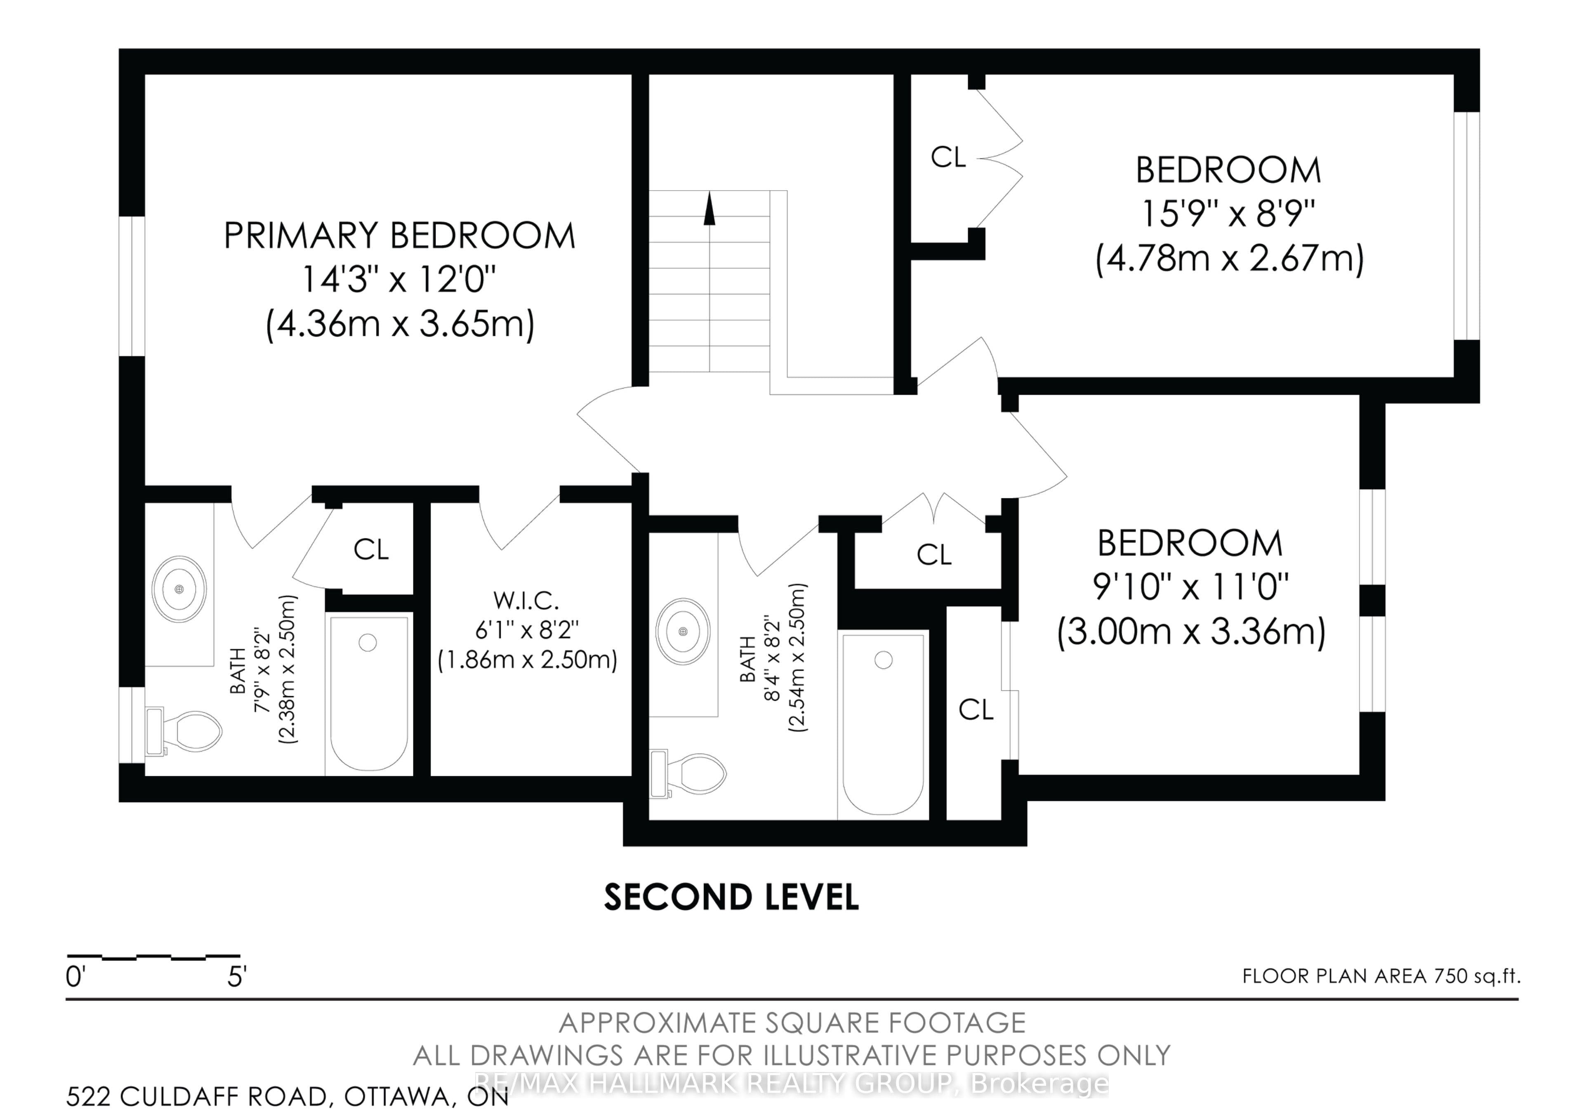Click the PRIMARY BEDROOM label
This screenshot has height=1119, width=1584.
tap(399, 236)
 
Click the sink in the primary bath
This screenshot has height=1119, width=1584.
tap(179, 589)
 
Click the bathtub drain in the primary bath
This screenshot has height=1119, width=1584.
tap(368, 642)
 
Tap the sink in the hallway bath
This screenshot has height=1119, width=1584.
tap(683, 631)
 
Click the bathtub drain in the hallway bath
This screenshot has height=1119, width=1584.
tap(883, 660)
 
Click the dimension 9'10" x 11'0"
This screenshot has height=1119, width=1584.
tap(1191, 587)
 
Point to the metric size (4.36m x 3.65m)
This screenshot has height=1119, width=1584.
tap(400, 323)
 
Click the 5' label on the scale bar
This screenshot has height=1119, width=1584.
tap(237, 977)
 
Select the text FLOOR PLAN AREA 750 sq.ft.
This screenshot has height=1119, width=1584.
tap(1381, 976)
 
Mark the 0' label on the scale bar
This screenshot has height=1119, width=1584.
tap(75, 977)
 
